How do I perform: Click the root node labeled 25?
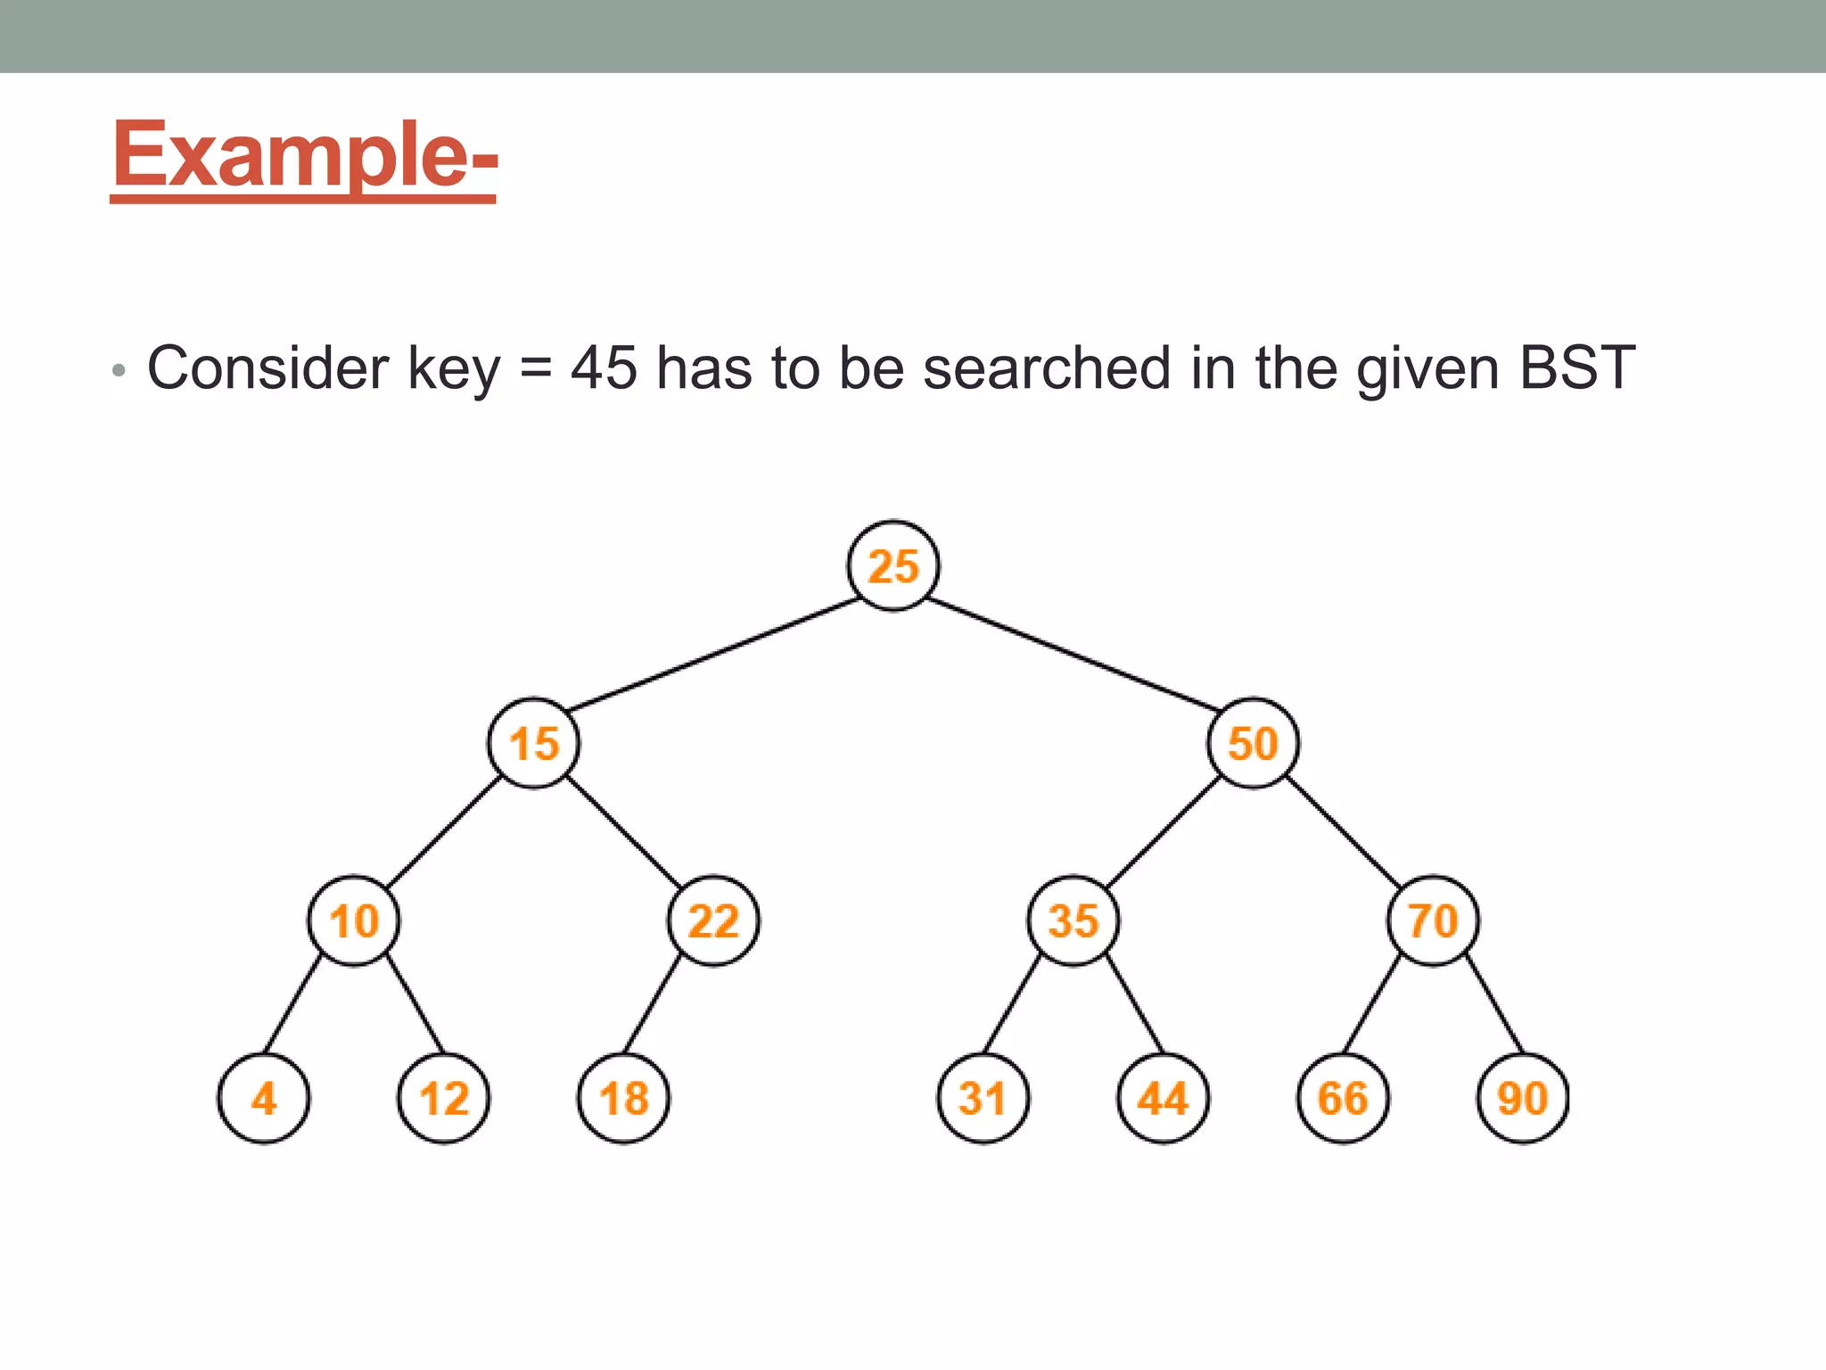[892, 565]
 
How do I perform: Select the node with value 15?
[533, 743]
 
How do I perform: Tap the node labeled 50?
[1253, 743]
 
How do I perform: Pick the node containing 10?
[354, 920]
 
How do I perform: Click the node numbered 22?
[713, 920]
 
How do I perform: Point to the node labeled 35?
[1073, 920]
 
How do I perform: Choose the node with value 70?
[1433, 920]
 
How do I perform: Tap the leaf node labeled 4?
[264, 1098]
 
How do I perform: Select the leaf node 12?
[444, 1098]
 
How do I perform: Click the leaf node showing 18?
[624, 1098]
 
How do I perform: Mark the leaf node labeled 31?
[983, 1098]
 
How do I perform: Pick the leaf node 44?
[1163, 1098]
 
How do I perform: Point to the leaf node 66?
[1343, 1098]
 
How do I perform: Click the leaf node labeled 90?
[1523, 1098]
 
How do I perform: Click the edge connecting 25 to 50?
[1073, 655]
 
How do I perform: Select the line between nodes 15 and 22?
[623, 831]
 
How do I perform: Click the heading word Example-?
[304, 156]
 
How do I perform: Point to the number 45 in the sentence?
[604, 367]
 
